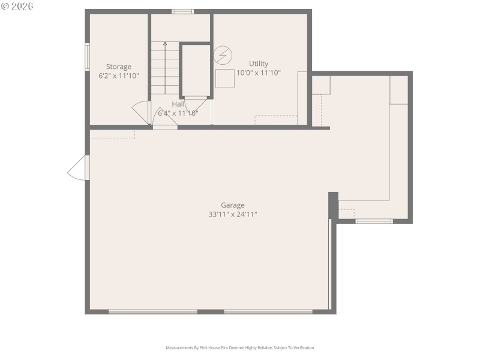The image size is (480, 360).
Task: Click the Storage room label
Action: pyautogui.click(x=119, y=67)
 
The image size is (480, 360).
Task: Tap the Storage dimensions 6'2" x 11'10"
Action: pyautogui.click(x=119, y=76)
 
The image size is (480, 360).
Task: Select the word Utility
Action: pyautogui.click(x=259, y=64)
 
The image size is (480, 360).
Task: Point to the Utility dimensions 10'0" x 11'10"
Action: pyautogui.click(x=259, y=73)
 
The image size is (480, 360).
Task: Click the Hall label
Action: pyautogui.click(x=178, y=104)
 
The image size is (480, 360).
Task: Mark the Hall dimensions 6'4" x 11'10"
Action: pyautogui.click(x=178, y=113)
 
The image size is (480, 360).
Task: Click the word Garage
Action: pyautogui.click(x=232, y=205)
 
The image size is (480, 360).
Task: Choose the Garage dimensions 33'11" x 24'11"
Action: pyautogui.click(x=232, y=214)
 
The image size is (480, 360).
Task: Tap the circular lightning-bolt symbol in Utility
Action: pyautogui.click(x=223, y=56)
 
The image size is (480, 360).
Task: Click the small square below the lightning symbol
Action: pyautogui.click(x=225, y=79)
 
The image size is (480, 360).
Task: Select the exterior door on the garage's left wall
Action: pyautogui.click(x=79, y=168)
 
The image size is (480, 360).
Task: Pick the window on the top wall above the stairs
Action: pyautogui.click(x=182, y=11)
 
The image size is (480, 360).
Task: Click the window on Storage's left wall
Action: pyautogui.click(x=87, y=57)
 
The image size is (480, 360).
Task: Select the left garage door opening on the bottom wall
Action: pyautogui.click(x=153, y=311)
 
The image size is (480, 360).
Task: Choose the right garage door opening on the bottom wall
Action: pyautogui.click(x=268, y=311)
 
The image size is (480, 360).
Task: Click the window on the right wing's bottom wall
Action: pyautogui.click(x=374, y=221)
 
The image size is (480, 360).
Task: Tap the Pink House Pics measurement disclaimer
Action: pyautogui.click(x=239, y=348)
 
